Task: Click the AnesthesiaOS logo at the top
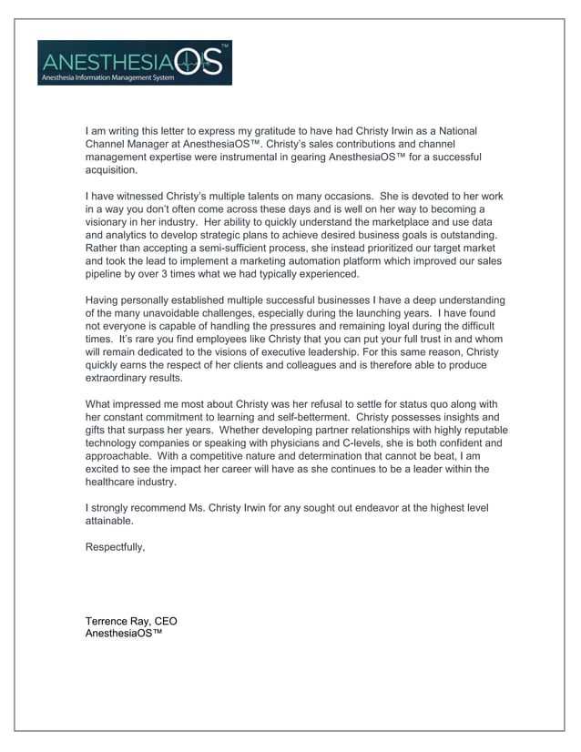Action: tap(134, 63)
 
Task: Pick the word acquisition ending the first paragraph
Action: tap(111, 170)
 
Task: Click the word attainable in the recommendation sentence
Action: tap(109, 522)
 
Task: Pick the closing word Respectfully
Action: tap(115, 547)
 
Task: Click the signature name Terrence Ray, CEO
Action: tap(131, 621)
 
